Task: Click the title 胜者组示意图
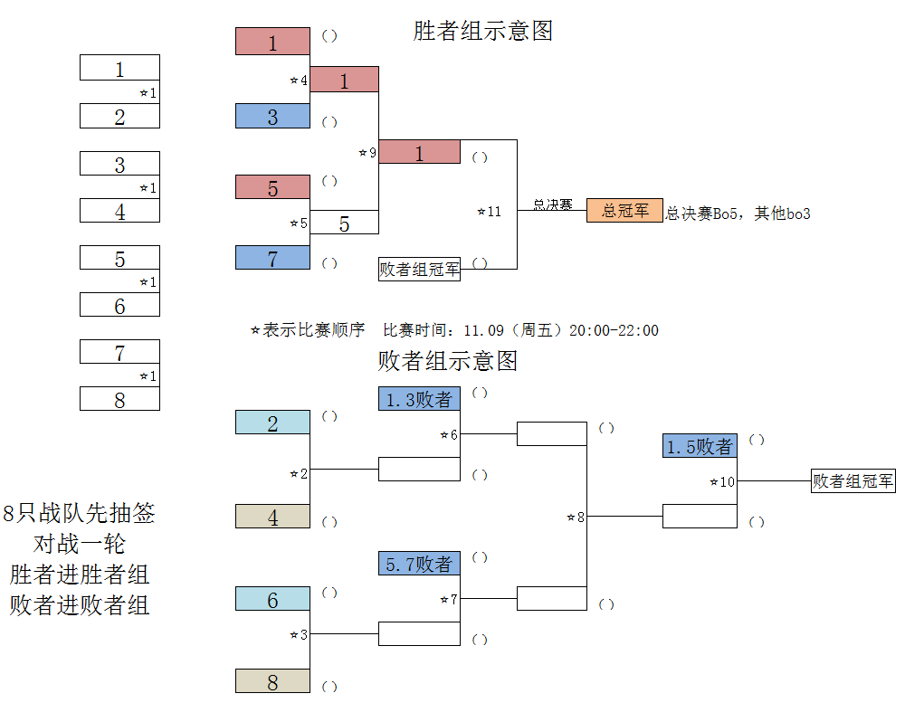coord(483,31)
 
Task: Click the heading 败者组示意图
coord(447,361)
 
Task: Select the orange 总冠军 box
coord(624,210)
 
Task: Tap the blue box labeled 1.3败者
coord(419,399)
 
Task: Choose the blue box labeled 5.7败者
coord(419,564)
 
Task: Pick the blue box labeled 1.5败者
coord(700,445)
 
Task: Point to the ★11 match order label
coord(490,212)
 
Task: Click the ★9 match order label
coord(367,152)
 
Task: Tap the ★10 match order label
coord(722,481)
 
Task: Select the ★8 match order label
coord(576,518)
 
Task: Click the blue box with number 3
coord(272,116)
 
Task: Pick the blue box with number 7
coord(272,258)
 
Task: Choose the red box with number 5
coord(272,187)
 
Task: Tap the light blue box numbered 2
coord(272,422)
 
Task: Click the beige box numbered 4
coord(272,516)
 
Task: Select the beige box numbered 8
coord(272,681)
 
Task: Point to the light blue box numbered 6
coord(272,599)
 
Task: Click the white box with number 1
coord(119,68)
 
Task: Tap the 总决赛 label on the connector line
coord(552,204)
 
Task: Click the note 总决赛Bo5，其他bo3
coord(738,214)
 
